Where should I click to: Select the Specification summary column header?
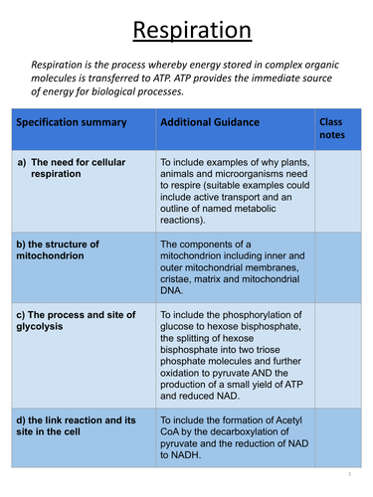coord(71,122)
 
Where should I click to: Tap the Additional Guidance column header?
coord(209,122)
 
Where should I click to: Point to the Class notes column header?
coord(330,129)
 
